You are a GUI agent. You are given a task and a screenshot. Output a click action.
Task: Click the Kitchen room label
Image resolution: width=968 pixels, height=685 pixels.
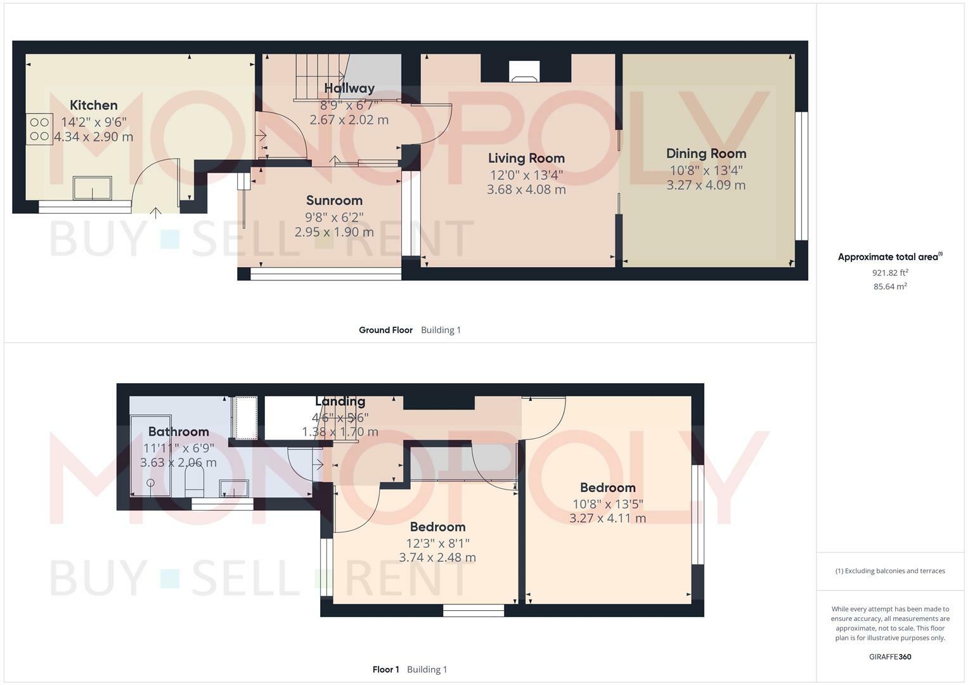[x=93, y=105]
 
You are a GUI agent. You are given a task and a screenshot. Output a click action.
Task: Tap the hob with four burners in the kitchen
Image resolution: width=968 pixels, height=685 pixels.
[x=39, y=129]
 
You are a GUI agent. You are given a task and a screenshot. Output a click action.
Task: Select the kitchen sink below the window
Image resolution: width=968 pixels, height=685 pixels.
[x=93, y=188]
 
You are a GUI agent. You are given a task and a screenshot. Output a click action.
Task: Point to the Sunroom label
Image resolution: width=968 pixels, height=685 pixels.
[x=334, y=201]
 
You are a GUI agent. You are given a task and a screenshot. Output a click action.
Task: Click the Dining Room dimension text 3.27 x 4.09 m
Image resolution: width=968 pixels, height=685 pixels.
[x=706, y=185]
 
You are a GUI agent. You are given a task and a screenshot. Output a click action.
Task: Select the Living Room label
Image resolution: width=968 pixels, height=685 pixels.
[x=526, y=159]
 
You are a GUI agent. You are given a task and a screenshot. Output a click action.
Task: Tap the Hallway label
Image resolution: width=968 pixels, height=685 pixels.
[x=349, y=88]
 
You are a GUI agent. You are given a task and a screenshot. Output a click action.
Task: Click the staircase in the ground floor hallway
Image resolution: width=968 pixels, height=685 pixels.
[x=320, y=76]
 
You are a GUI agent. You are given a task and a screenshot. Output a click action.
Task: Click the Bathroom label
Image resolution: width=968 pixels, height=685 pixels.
[x=178, y=432]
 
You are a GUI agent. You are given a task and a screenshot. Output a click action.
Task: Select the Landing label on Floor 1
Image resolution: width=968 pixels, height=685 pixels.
[x=340, y=401]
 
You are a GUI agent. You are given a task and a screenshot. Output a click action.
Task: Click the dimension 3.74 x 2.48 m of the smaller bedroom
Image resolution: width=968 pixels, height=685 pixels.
[x=437, y=558]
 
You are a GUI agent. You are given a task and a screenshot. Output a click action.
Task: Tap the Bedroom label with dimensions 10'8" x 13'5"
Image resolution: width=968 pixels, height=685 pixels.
[x=607, y=488]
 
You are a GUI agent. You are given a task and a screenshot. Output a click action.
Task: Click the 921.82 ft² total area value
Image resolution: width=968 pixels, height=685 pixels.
[x=889, y=273]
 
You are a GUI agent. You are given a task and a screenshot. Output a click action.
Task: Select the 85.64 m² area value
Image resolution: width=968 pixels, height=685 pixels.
[x=889, y=287]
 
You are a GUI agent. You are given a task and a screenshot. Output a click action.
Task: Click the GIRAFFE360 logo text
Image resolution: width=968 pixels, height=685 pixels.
[x=889, y=657]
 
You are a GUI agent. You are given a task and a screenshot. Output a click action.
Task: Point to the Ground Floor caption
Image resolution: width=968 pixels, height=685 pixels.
[x=385, y=330]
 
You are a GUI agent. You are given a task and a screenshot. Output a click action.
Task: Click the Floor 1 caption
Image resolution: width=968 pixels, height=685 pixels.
[x=385, y=670]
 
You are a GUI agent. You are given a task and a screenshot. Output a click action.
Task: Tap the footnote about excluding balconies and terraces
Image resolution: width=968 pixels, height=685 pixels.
[x=889, y=571]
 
